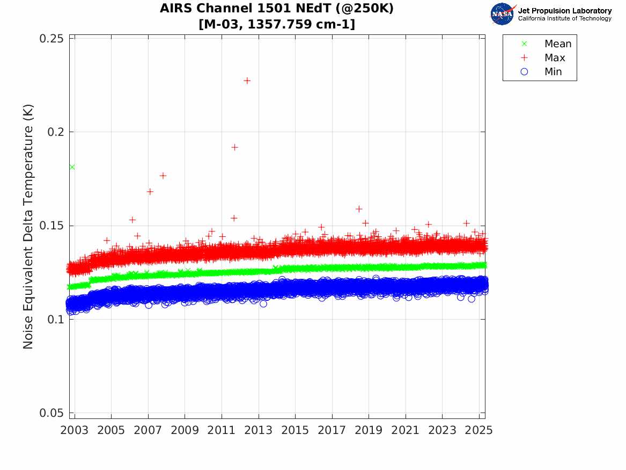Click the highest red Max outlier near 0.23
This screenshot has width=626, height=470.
point(247,81)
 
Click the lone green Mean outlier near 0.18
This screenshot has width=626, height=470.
point(72,167)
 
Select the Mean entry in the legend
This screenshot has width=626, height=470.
point(558,44)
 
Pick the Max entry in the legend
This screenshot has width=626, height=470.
point(555,58)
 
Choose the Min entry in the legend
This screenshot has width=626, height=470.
point(553,72)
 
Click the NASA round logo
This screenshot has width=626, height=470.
point(502,14)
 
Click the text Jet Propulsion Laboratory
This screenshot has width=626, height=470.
point(564,11)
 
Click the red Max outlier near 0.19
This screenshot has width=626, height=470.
point(234,147)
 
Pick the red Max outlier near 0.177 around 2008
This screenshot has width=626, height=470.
point(163,176)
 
